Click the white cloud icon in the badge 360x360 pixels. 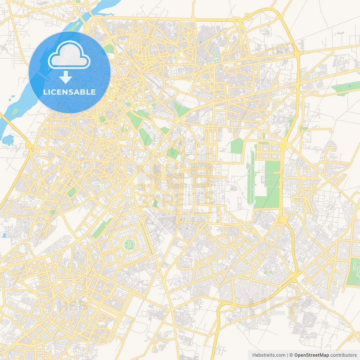tap(69, 56)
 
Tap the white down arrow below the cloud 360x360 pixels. tap(66, 77)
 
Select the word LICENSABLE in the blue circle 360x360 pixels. tap(69, 92)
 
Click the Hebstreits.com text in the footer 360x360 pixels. tap(269, 355)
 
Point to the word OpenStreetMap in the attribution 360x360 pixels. tap(311, 355)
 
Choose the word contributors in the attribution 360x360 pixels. tap(343, 355)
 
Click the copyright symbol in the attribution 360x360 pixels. tap(291, 355)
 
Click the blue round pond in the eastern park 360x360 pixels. tap(350, 86)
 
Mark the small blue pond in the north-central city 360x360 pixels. tap(201, 42)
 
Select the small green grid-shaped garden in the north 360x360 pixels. tap(216, 58)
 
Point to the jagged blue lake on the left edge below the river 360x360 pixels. tap(8, 139)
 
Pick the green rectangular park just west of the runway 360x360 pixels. tap(237, 146)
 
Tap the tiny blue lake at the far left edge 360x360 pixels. tap(4, 235)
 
